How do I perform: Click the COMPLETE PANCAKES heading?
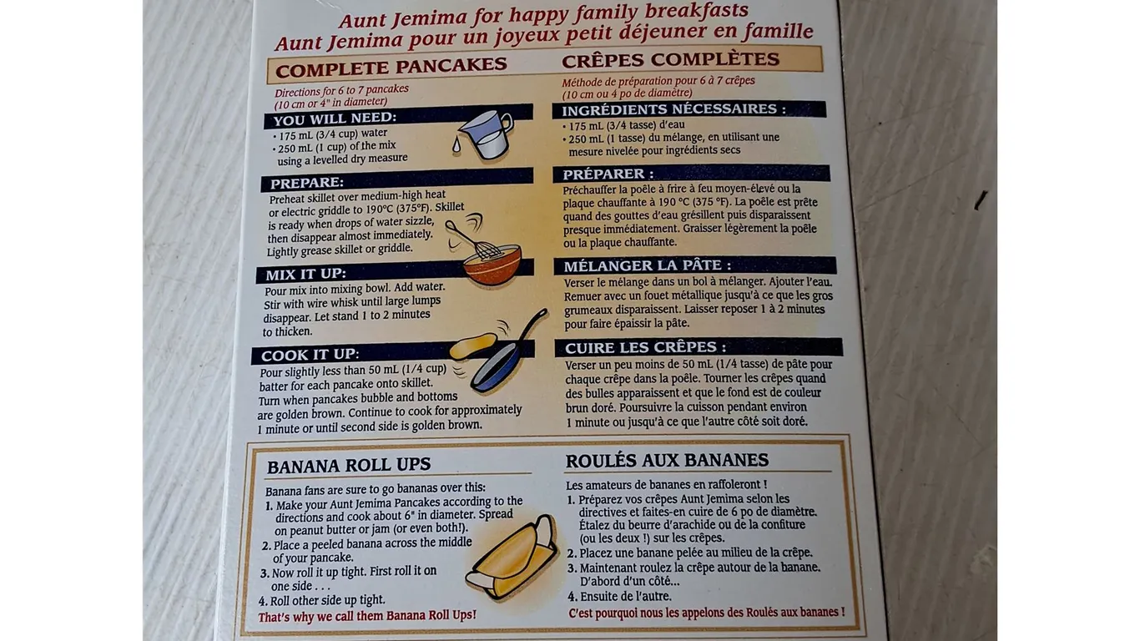coord(391,68)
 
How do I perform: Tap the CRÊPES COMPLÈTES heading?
coord(670,59)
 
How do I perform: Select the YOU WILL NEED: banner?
coord(398,117)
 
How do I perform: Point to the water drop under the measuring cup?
coord(456,145)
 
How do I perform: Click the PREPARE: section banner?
coord(397,179)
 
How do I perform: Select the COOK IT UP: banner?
coord(392,352)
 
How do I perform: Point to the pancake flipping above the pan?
coord(473,346)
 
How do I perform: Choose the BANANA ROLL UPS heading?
coord(349,466)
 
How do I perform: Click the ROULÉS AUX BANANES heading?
coord(667,460)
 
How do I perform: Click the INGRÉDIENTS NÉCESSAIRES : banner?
coord(689,109)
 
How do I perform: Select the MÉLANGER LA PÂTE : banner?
coord(695,265)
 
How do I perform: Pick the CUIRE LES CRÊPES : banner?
coord(699,347)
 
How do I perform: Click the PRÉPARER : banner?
coord(692,174)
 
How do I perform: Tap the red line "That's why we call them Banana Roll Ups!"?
coord(367,616)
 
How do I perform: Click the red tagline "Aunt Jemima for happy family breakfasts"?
coord(543,15)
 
